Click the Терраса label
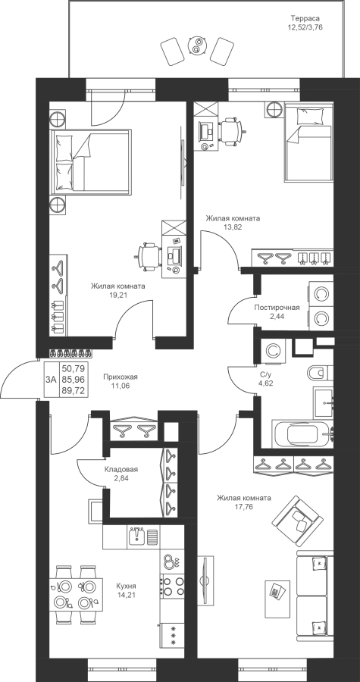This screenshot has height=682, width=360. click(x=305, y=19)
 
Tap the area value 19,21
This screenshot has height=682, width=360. click(x=117, y=295)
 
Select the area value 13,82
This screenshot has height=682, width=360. click(x=233, y=227)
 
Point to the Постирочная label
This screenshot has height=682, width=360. click(x=277, y=308)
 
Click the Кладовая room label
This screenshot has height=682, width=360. click(x=121, y=470)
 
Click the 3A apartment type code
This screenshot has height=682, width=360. click(x=51, y=380)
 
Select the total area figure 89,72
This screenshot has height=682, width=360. click(x=73, y=390)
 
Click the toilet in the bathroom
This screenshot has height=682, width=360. click(x=320, y=373)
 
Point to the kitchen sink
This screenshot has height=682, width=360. click(x=137, y=537)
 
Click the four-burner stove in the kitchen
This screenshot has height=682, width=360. click(x=173, y=587)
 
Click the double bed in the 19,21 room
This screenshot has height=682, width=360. click(x=90, y=161)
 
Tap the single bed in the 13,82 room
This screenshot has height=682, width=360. click(x=309, y=142)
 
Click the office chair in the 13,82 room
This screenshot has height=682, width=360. click(x=232, y=131)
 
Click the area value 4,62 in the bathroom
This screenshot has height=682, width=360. click(x=266, y=383)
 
